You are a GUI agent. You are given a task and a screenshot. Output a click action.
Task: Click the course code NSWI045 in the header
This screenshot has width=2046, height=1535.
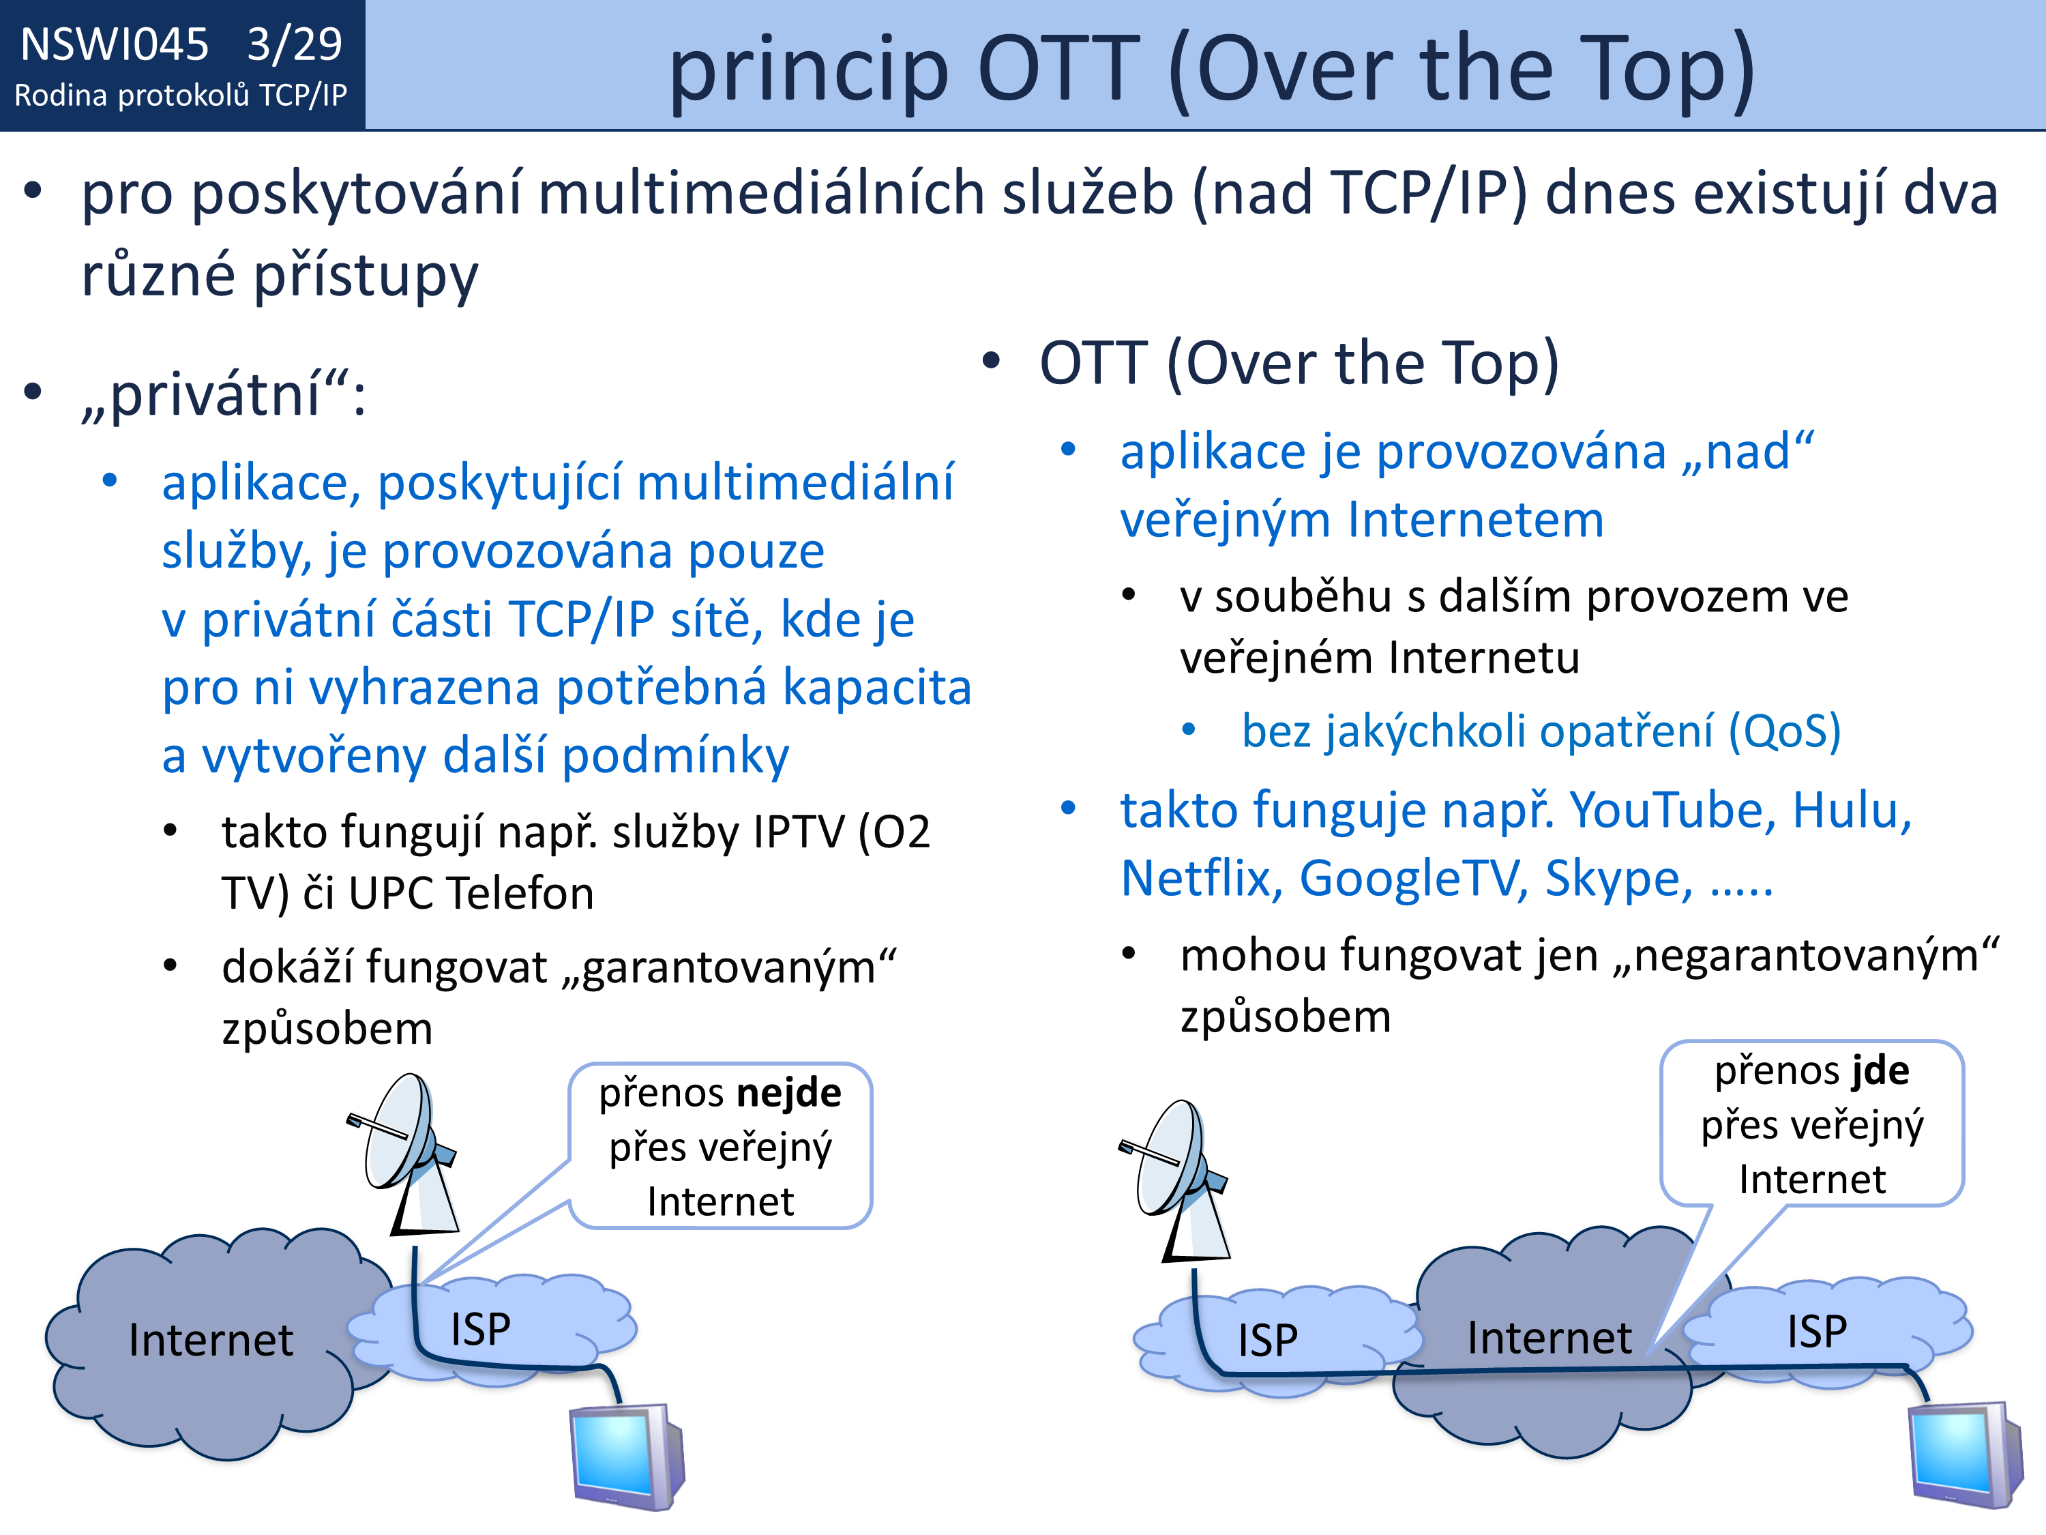(x=115, y=44)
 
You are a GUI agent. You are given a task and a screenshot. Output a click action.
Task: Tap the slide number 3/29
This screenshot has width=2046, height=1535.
(x=294, y=44)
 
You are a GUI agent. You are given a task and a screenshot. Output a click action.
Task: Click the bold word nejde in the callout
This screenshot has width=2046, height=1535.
(x=789, y=1093)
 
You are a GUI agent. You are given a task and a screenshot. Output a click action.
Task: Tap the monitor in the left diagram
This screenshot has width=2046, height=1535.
(x=627, y=1457)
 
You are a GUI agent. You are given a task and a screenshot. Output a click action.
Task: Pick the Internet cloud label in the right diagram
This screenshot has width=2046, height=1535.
(x=1550, y=1338)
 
